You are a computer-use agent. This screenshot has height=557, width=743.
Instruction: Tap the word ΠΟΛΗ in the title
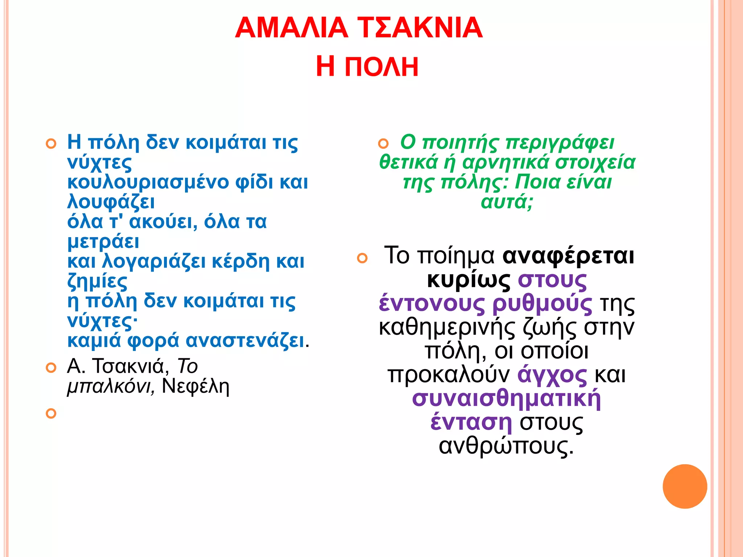pos(381,67)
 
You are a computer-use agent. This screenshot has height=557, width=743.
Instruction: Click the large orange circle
pos(685,486)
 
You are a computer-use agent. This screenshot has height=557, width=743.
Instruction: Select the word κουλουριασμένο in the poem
pos(148,182)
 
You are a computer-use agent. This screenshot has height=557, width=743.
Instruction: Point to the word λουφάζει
pos(111,202)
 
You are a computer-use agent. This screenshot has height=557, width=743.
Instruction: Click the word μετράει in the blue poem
pos(103,242)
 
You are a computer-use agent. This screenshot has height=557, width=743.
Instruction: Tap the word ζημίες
pos(97,281)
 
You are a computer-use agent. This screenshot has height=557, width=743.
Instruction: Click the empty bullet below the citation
pos(51,413)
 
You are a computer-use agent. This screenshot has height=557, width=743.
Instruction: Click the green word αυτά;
pos(507,202)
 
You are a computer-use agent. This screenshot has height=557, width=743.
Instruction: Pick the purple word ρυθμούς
pos(542,304)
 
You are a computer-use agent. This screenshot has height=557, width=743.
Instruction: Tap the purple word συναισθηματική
pos(506,399)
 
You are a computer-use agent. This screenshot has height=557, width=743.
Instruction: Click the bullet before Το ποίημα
pos(362,258)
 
